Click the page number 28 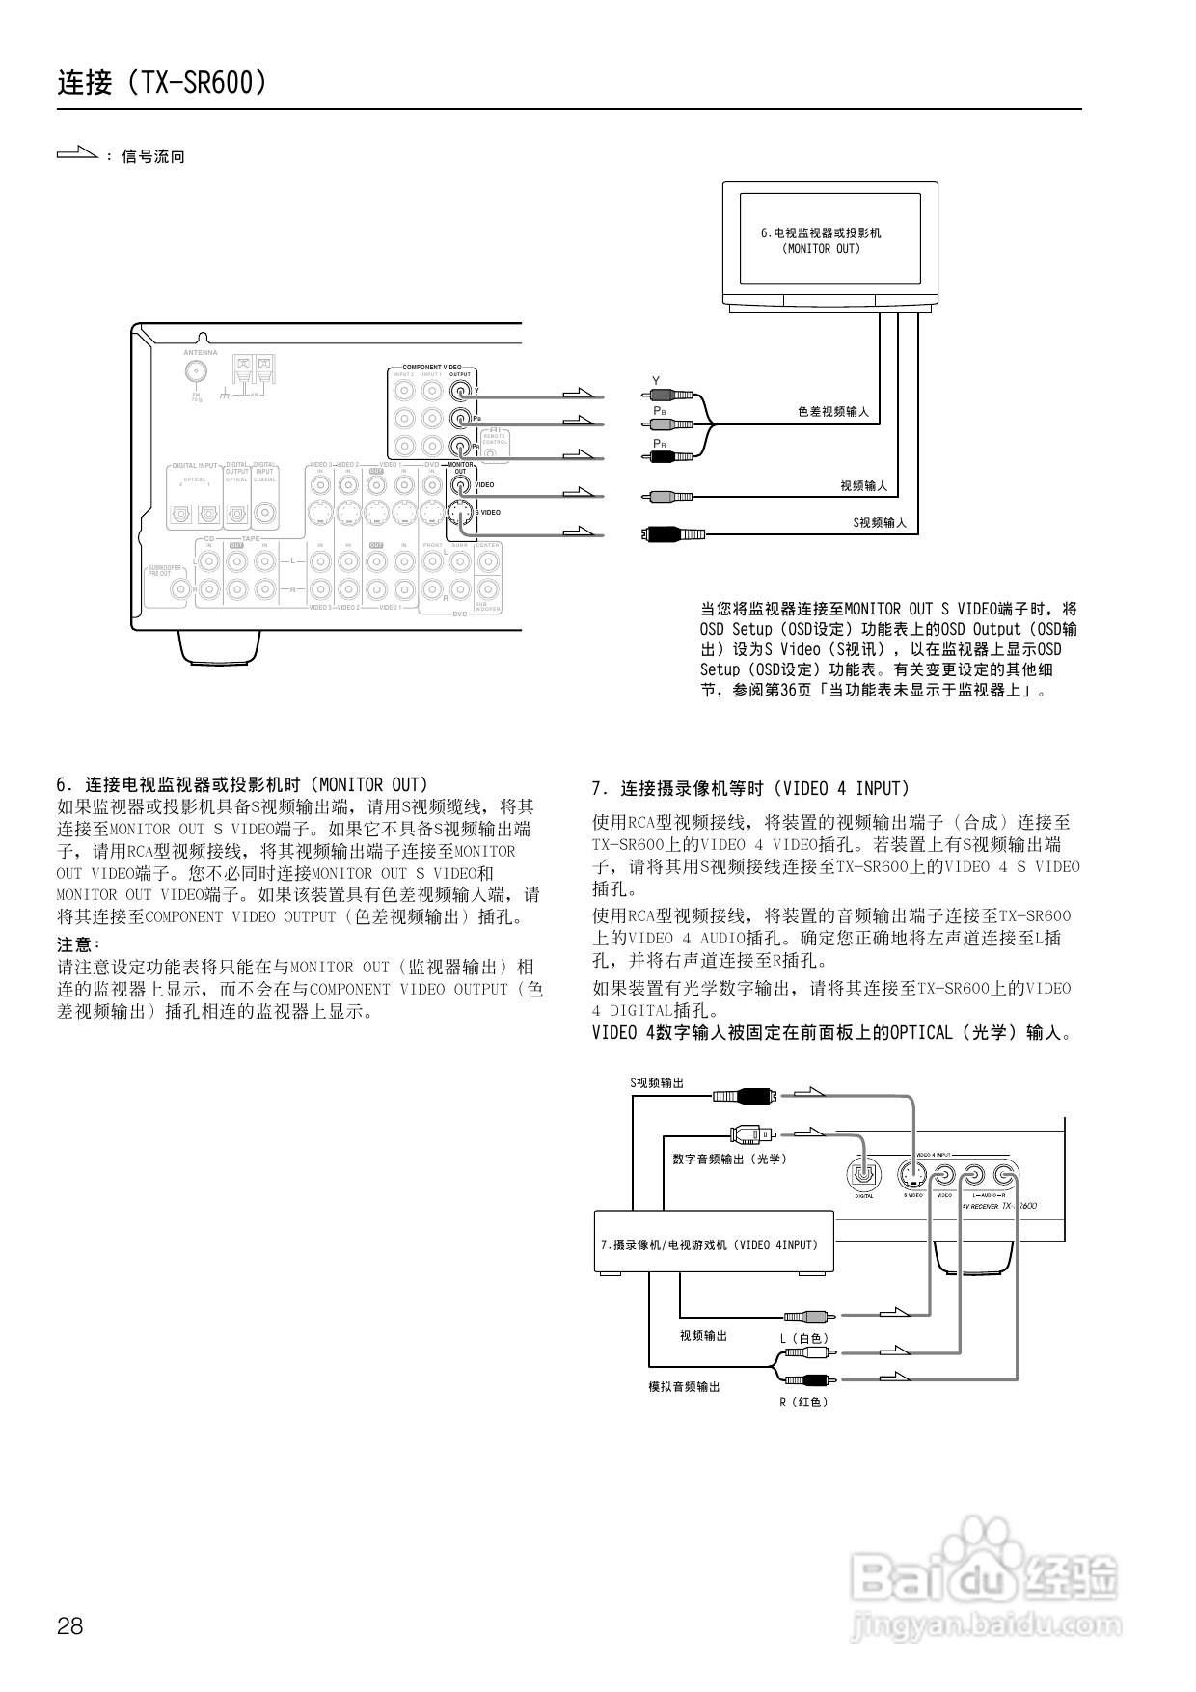(70, 1625)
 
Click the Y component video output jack (460, 391)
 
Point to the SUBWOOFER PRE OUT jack (178, 588)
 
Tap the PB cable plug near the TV (671, 423)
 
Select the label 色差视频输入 (832, 412)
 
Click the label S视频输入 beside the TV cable (879, 522)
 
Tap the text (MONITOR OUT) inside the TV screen (821, 248)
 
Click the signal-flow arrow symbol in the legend (77, 152)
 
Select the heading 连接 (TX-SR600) (162, 83)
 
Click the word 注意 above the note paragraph (77, 943)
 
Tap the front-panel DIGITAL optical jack (863, 1175)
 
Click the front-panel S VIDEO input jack (912, 1174)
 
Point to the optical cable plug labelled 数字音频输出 (750, 1134)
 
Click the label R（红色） (803, 1402)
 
